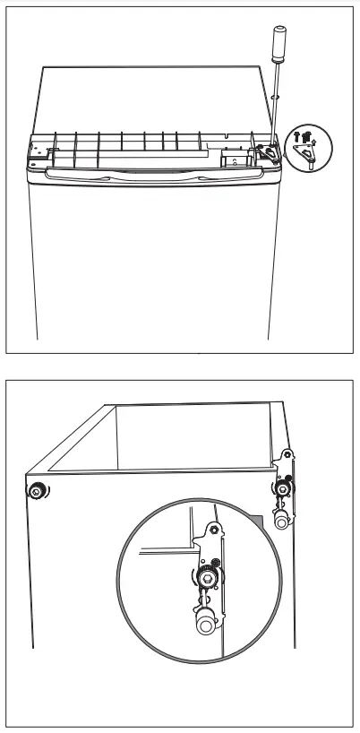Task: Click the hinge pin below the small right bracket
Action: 282,521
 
